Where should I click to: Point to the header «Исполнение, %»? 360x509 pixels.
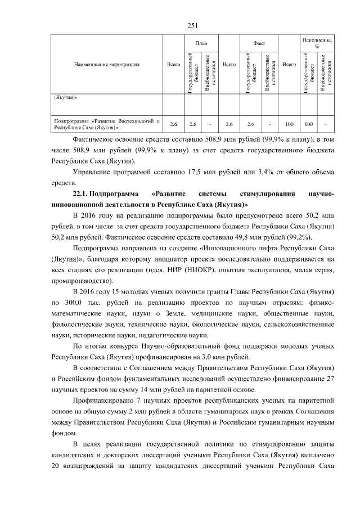317,43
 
